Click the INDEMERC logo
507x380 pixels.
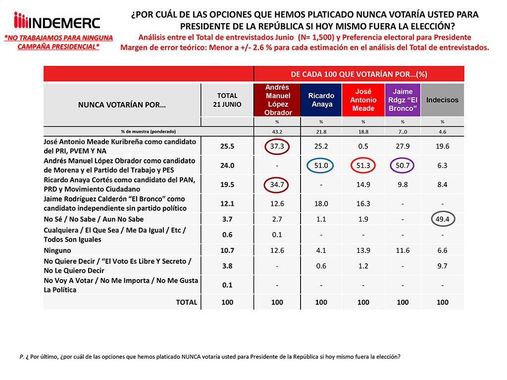57,22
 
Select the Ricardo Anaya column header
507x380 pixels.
321,100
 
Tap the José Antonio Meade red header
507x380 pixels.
363,100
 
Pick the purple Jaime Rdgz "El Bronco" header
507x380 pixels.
403,100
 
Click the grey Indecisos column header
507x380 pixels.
442,100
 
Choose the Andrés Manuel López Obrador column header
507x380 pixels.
277,100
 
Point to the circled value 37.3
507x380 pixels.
277,146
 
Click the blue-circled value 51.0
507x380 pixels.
321,166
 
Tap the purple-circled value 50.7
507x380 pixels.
403,166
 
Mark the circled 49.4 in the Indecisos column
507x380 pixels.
442,219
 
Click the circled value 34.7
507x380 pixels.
277,185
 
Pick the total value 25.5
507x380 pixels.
227,146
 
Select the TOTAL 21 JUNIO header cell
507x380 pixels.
227,100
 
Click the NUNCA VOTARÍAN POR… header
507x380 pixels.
122,104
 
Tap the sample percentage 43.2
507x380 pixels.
277,132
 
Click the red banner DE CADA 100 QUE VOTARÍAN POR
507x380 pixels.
359,74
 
